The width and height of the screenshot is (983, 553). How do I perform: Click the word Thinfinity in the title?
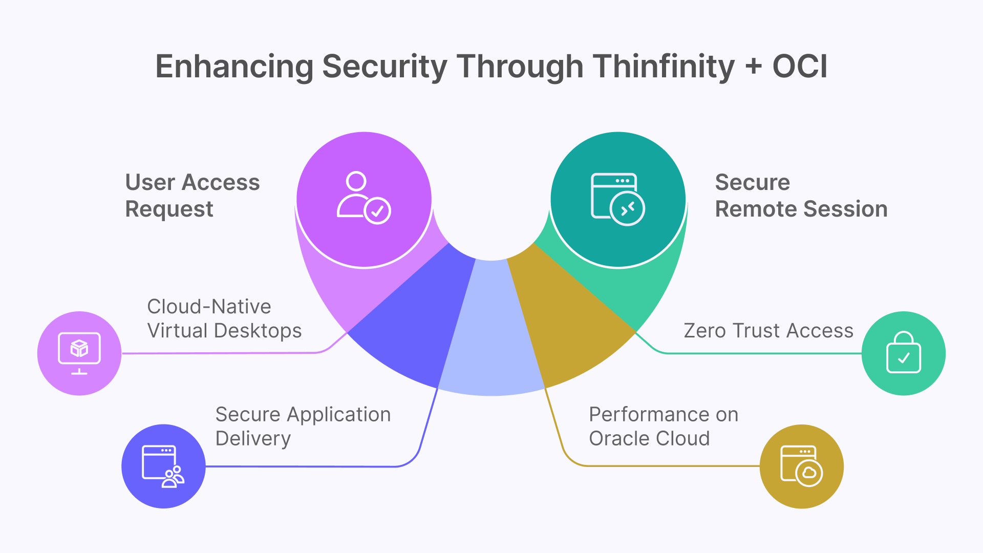click(x=664, y=67)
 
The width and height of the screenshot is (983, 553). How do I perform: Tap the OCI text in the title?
click(x=800, y=67)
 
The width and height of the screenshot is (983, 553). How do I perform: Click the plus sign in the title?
click(x=753, y=67)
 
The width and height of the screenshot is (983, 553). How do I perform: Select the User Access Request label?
click(x=192, y=196)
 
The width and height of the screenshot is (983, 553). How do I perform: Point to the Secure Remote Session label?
click(x=801, y=196)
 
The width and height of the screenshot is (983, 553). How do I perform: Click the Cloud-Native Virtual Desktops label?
click(x=224, y=318)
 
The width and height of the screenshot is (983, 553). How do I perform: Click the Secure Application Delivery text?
click(x=303, y=426)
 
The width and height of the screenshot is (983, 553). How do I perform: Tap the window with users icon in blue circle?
click(x=163, y=466)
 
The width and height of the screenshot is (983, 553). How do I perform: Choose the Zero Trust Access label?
click(x=768, y=331)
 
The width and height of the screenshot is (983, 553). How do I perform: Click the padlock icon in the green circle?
click(x=903, y=353)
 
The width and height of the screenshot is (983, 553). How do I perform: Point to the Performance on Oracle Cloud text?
click(x=663, y=426)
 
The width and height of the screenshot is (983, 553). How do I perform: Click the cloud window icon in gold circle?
click(x=801, y=466)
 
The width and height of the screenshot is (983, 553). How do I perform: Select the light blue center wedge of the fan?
click(x=491, y=338)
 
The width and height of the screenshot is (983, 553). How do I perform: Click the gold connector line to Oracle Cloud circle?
click(x=666, y=466)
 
